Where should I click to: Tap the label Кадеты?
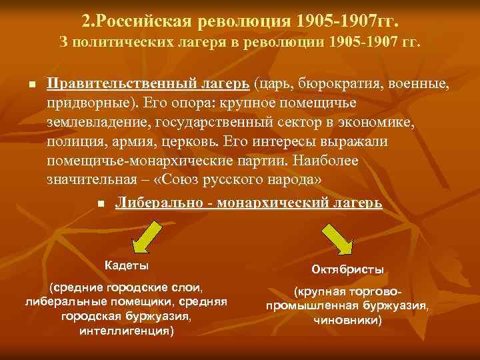[x=127, y=265]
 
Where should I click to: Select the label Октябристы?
[x=347, y=270]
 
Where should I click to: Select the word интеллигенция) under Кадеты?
[x=127, y=330]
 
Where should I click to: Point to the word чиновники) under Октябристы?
[x=347, y=320]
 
